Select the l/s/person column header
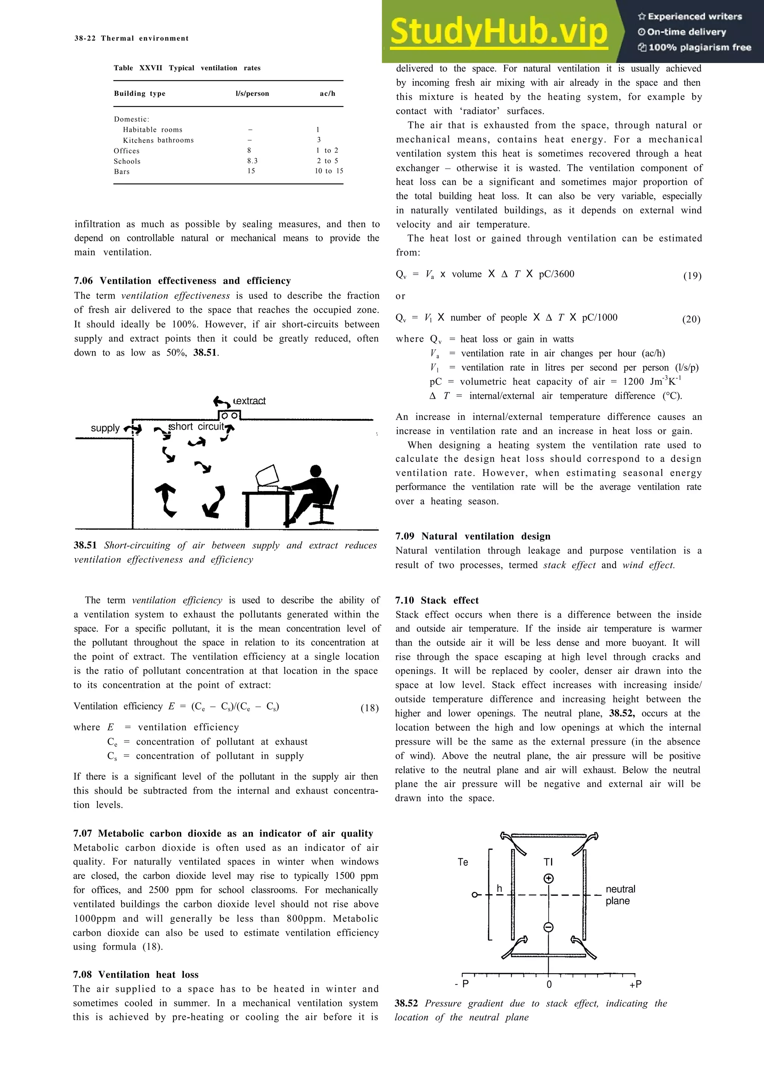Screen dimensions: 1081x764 (x=252, y=94)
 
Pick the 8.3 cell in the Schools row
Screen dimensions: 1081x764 (x=252, y=161)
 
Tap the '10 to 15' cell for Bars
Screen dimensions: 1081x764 (x=329, y=171)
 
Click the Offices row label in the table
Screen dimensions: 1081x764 (x=126, y=151)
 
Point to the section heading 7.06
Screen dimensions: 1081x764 (x=182, y=281)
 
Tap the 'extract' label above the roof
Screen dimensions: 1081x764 (x=250, y=401)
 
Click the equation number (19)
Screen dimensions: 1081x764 (x=692, y=276)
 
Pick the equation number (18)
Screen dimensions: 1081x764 (x=370, y=708)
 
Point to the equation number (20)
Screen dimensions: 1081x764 (x=691, y=320)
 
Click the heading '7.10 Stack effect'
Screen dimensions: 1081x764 (x=437, y=600)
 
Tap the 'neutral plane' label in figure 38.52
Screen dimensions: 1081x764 (x=620, y=895)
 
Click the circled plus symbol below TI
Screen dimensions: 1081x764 (x=548, y=878)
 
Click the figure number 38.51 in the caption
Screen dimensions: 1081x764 (x=85, y=546)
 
